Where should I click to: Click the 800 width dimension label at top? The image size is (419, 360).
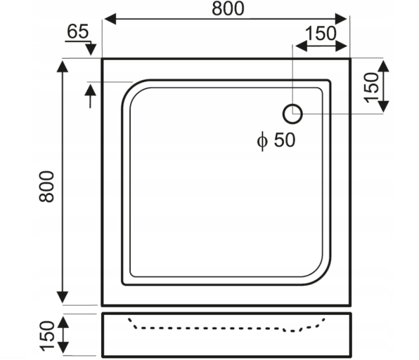[x=228, y=8]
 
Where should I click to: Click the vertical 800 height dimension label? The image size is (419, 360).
[x=46, y=186]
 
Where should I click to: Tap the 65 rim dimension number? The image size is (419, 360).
[x=78, y=31]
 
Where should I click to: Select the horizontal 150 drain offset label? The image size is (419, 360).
[x=321, y=33]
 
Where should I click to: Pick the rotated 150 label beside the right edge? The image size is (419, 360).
[x=372, y=88]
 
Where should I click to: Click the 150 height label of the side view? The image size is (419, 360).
[x=47, y=335]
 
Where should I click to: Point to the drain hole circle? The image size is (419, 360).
[x=293, y=114]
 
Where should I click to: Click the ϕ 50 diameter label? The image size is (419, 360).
[x=277, y=140]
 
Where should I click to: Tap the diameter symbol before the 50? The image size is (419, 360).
[x=262, y=141]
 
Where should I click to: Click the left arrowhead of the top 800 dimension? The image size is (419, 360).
[x=110, y=19]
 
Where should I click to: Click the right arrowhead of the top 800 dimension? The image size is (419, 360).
[x=341, y=19]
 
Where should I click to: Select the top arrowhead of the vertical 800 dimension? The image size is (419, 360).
[x=63, y=67]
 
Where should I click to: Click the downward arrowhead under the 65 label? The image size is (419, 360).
[x=91, y=50]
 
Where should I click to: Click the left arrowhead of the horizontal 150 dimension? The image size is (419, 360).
[x=302, y=46]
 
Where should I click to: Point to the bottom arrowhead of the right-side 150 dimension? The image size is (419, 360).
[x=384, y=107]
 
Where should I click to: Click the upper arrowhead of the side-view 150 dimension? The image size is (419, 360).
[x=64, y=323]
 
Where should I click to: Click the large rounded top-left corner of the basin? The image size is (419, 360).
[x=130, y=89]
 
